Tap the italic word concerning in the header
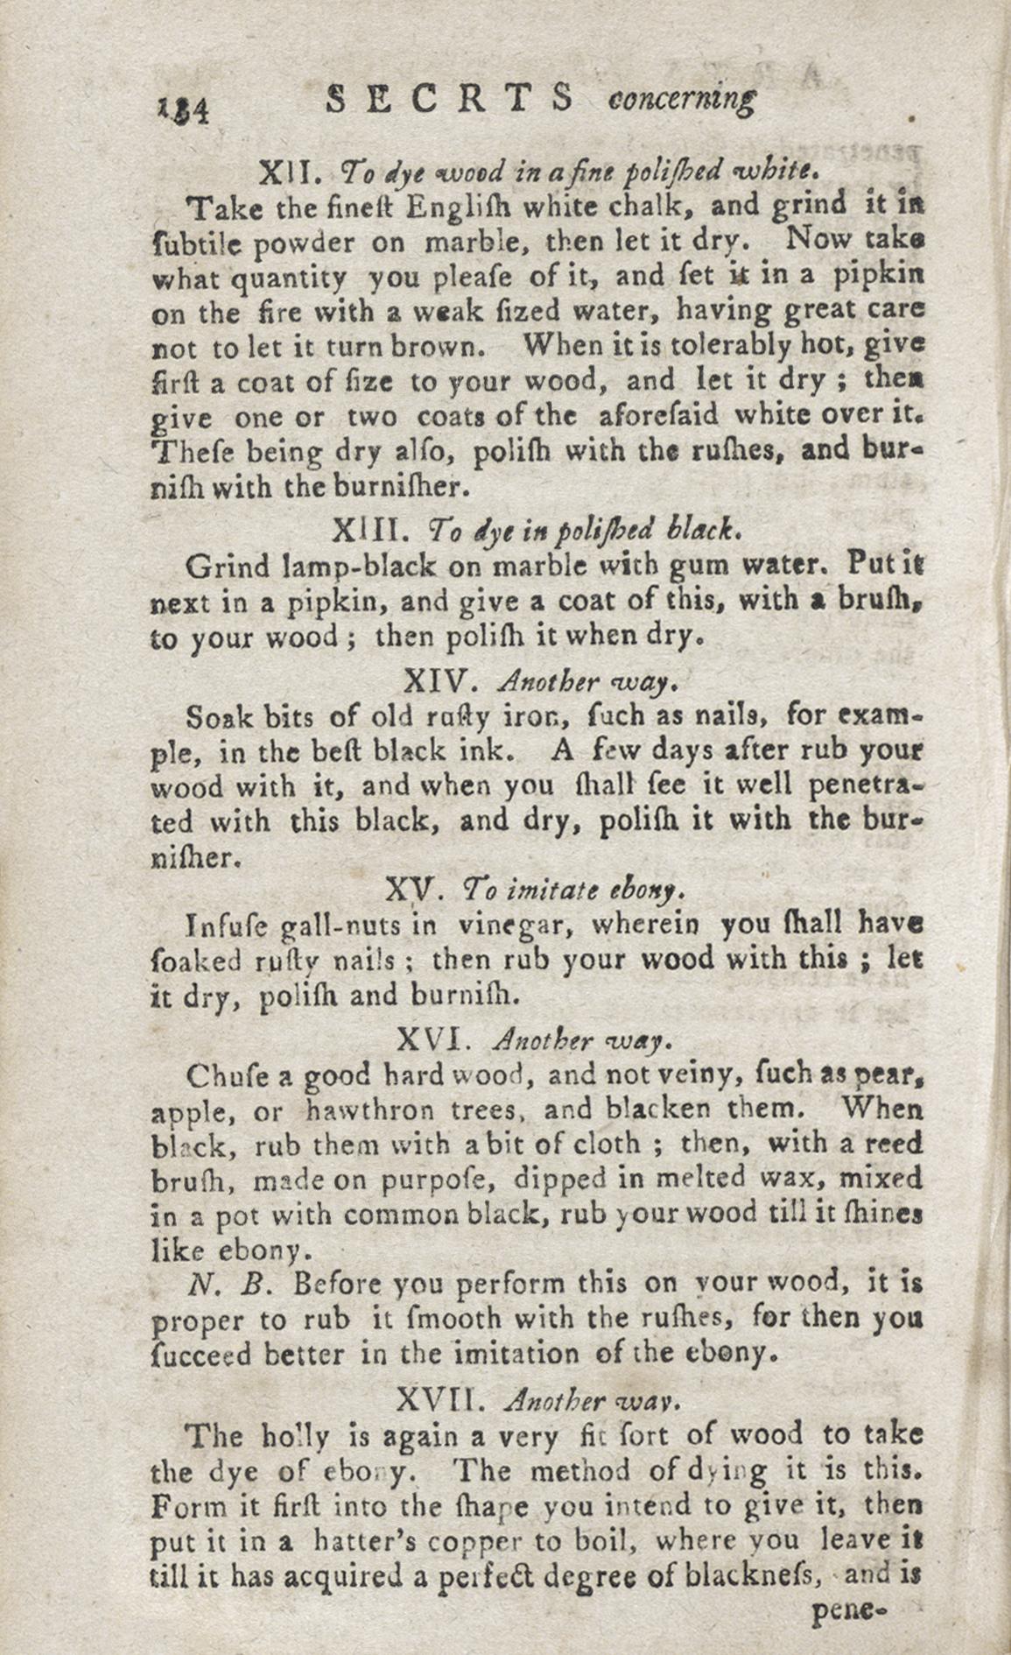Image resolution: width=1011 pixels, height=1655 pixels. coord(681,101)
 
